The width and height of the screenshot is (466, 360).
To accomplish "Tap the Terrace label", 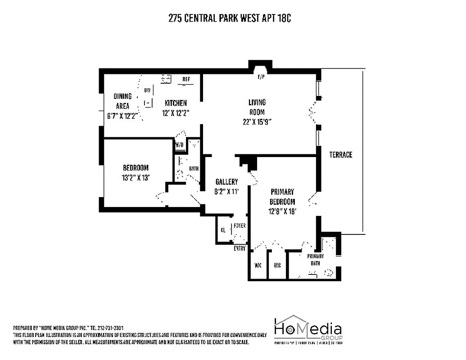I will [340, 154].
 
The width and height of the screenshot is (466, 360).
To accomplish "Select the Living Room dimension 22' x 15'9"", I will [257, 121].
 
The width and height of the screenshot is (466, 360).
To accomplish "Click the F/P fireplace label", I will [260, 77].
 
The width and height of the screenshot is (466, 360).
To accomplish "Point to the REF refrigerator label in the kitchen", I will [186, 80].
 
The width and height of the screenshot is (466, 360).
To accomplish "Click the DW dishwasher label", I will [147, 90].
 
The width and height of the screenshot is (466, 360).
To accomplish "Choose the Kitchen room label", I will [176, 103].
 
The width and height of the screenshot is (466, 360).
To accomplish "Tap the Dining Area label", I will [122, 101].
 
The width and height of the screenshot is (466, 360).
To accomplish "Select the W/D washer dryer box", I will [179, 145].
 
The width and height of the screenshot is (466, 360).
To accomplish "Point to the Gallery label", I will [226, 182].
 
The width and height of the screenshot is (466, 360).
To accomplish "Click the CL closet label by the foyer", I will [223, 230].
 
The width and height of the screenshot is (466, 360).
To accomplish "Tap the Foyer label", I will [240, 225].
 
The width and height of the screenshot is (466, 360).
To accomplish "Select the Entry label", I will [240, 248].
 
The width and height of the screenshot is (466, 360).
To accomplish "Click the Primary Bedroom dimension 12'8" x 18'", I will [282, 211].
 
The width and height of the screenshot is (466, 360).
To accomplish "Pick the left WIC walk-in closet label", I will [258, 265].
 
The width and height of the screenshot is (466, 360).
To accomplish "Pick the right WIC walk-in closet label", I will [277, 265].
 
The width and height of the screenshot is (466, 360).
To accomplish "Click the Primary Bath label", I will [315, 260].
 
